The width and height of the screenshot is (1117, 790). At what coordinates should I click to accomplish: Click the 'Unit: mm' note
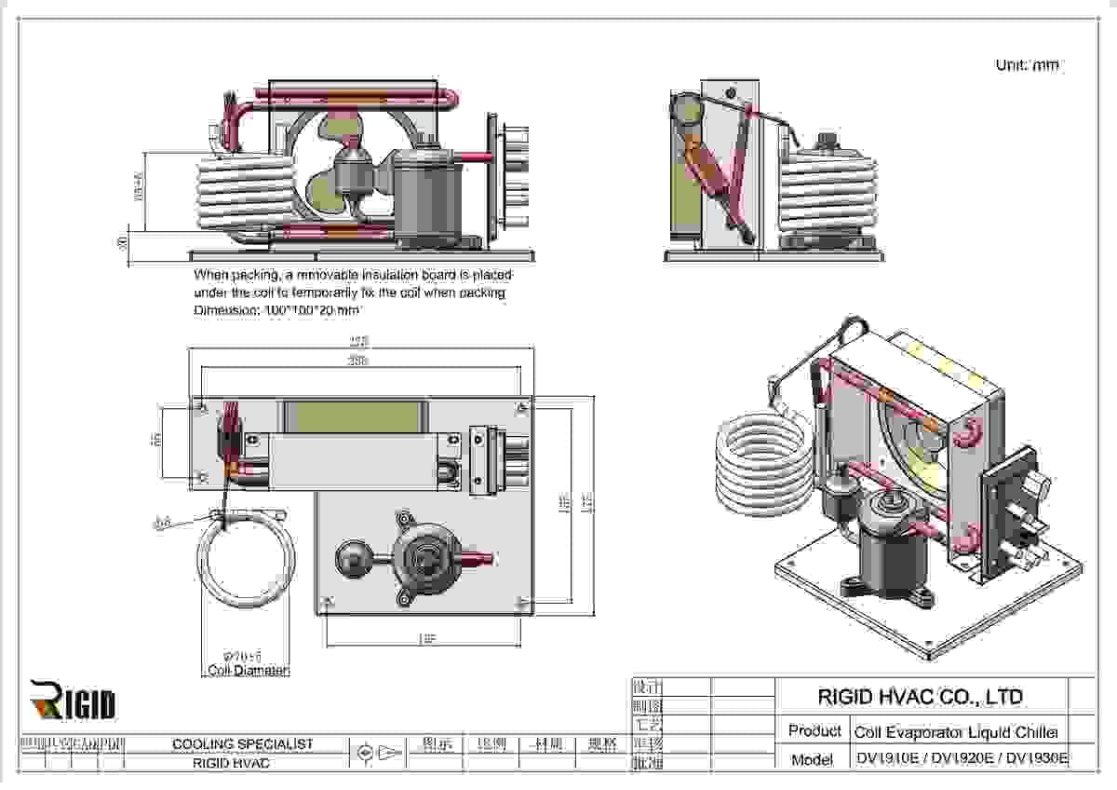(1027, 65)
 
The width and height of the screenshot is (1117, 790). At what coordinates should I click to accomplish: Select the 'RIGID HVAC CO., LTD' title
(920, 697)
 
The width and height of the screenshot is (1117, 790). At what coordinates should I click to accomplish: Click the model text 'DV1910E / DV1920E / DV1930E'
(962, 758)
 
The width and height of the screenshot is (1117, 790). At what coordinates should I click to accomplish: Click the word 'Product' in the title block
(814, 731)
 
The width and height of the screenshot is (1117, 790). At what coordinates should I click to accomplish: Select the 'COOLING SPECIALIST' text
(243, 744)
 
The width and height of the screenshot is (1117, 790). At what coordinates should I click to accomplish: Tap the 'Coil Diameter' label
(248, 671)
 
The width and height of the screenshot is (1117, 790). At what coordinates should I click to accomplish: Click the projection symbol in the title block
(379, 752)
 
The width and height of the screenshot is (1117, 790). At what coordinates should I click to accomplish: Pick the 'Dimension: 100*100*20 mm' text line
(276, 310)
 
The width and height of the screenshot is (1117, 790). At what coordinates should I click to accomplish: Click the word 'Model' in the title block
(812, 759)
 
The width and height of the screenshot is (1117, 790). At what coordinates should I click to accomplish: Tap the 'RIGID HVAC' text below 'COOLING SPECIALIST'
(231, 763)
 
